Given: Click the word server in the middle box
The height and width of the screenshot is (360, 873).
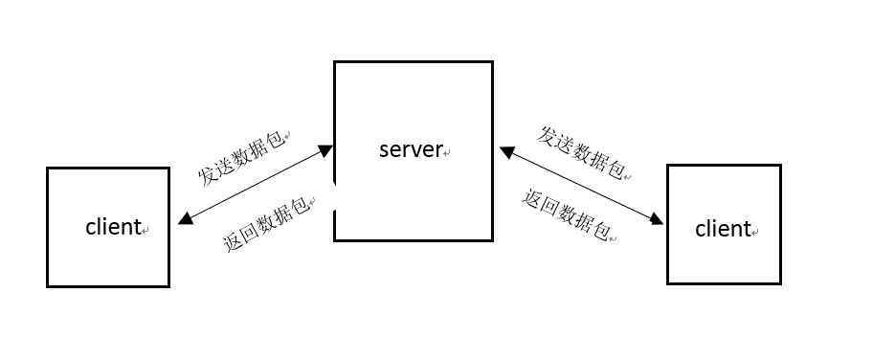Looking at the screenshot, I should (x=411, y=149).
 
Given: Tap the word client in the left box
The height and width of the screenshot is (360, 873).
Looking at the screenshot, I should (x=113, y=228).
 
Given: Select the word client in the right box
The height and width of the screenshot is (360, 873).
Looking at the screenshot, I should (x=723, y=230).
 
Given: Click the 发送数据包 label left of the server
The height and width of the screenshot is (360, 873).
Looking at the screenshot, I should (x=243, y=157).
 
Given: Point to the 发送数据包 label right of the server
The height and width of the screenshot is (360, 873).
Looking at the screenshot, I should (x=581, y=151).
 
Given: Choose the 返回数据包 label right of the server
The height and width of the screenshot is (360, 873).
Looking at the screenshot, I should (x=567, y=214).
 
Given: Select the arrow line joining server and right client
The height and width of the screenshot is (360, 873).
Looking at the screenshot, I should (x=581, y=187).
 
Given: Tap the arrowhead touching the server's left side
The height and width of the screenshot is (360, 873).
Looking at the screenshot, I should (x=325, y=150).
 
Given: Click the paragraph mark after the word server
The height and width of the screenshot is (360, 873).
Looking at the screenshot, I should (x=447, y=153).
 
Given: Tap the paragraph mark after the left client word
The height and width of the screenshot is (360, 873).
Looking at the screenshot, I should (x=146, y=231).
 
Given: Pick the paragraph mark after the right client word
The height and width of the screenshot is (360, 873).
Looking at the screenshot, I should (x=756, y=233).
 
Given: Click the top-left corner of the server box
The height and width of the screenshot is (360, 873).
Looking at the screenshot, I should (x=334, y=62).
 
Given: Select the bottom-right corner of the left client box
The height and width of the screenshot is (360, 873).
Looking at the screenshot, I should (x=168, y=285).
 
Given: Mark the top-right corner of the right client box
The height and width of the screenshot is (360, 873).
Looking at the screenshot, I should (x=780, y=166).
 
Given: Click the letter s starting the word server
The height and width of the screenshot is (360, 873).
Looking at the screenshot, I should (x=384, y=150).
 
